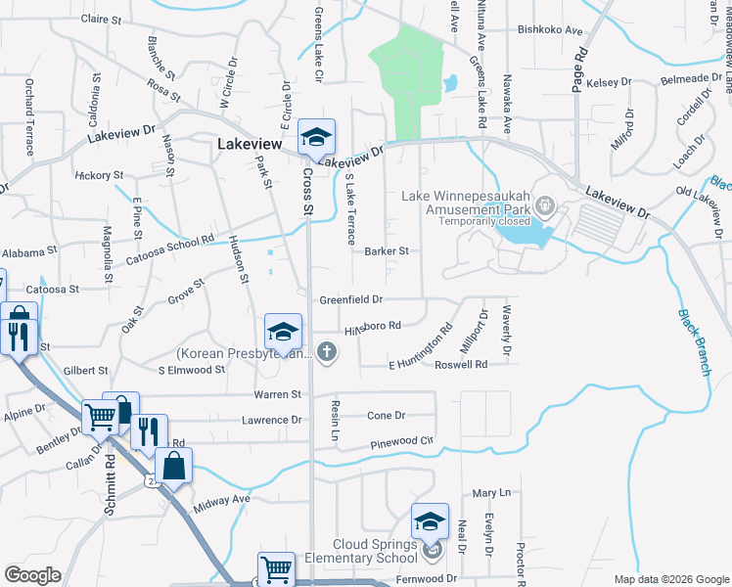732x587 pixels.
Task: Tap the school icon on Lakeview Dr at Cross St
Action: click(316, 137)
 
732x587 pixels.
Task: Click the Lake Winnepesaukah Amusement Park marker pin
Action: click(546, 205)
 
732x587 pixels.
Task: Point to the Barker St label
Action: click(386, 251)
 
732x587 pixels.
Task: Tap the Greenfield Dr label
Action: click(350, 299)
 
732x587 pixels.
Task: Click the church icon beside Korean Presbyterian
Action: click(327, 352)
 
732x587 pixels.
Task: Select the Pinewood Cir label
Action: click(401, 442)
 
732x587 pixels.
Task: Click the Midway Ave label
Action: click(223, 500)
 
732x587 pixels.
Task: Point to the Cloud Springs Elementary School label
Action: click(360, 552)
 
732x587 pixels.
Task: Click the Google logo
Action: click(32, 575)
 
